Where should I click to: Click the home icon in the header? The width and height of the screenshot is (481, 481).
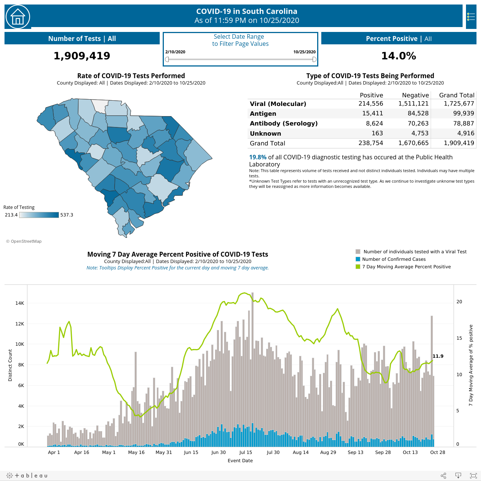coord(18,17)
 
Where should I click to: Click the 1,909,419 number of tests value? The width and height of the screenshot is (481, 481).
coord(82,56)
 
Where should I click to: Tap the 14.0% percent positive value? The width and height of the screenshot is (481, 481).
coord(399,56)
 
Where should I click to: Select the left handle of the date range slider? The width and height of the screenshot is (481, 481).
coord(167,59)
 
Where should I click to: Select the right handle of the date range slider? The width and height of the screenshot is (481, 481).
coord(314,59)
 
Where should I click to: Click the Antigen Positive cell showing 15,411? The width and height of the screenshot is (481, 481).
coord(372,113)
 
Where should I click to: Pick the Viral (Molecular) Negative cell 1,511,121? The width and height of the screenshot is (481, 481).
coord(413,103)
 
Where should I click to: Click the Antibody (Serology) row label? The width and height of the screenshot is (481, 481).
coord(284,123)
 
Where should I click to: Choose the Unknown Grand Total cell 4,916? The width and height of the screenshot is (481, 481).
coord(466,133)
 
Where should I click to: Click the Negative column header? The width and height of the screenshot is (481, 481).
coord(415,95)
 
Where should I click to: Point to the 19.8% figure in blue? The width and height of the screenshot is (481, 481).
coord(258,157)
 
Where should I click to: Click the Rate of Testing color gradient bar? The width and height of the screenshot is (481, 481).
coord(39,215)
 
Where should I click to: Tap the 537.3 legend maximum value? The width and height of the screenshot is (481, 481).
coord(67,215)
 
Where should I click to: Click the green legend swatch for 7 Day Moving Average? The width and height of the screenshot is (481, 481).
coord(358,266)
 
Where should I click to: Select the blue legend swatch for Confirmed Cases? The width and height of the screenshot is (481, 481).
coord(358,259)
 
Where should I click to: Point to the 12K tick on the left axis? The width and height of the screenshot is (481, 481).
coord(20,324)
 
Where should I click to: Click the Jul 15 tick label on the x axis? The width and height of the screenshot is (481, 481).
coord(246,452)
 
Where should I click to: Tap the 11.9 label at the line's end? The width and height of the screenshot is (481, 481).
coord(438,356)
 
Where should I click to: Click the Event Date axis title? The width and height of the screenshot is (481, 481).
coord(240,461)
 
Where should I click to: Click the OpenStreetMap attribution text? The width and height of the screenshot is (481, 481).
coord(24,241)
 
